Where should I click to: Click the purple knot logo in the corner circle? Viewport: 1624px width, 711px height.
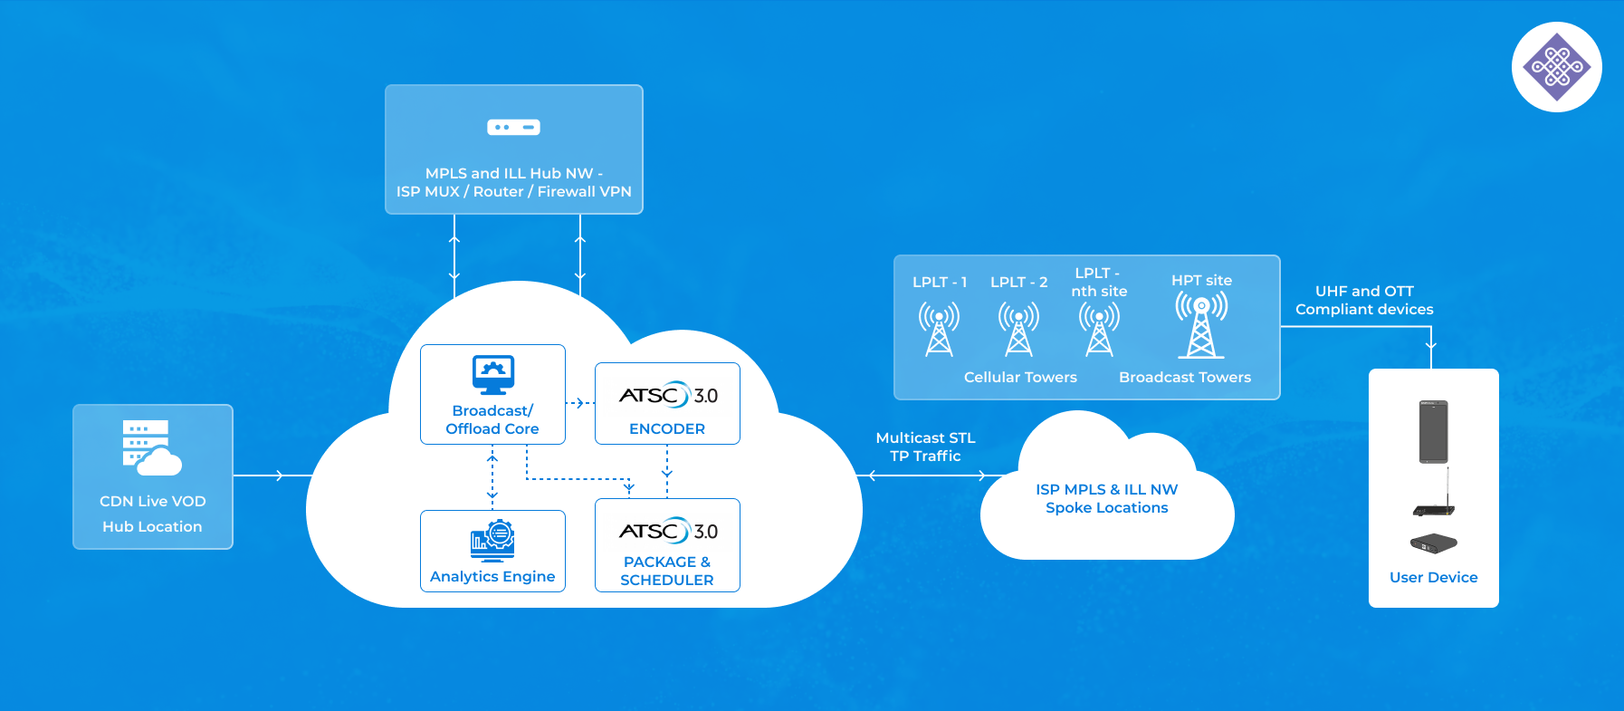coord(1556,67)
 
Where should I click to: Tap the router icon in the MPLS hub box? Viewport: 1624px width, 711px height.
coord(513,128)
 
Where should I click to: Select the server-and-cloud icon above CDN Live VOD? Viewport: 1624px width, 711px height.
coord(150,447)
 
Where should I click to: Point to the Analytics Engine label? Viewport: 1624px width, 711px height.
coord(492,577)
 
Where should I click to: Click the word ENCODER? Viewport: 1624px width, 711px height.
coord(667,429)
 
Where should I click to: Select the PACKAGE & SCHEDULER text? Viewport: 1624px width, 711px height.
coord(667,572)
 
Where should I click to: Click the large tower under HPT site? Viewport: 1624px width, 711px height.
coord(1201,326)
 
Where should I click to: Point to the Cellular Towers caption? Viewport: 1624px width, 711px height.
coord(1020,378)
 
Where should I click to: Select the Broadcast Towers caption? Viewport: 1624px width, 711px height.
coord(1185,378)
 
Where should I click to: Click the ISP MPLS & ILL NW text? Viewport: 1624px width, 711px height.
coord(1106,490)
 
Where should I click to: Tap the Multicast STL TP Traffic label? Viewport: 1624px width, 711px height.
coord(925,447)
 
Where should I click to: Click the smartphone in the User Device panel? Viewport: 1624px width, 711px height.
coord(1433,432)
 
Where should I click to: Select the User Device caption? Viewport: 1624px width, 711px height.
coord(1433,578)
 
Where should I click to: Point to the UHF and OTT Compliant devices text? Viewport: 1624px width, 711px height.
coord(1364,301)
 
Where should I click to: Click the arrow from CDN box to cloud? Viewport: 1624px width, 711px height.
coord(272,476)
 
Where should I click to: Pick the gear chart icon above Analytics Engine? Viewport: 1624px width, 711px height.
coord(492,540)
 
